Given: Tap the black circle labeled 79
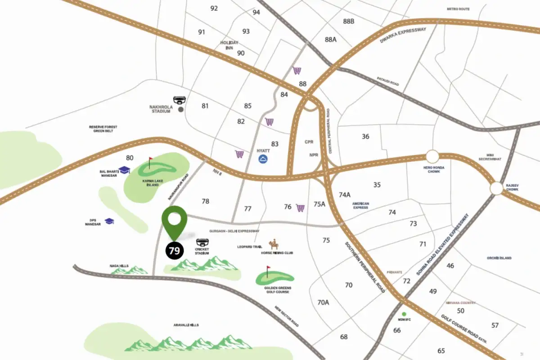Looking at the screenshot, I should point(174,251).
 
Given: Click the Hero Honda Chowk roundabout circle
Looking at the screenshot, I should point(432,157).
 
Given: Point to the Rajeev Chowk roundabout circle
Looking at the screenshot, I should point(496,188).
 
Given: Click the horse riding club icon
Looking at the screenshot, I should point(273,245).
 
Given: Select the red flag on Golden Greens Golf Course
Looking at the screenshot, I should point(269,270).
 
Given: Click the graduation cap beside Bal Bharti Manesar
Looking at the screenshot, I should point(124,170).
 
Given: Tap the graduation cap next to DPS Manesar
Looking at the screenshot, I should point(109,221).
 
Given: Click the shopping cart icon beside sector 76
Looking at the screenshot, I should point(300,207).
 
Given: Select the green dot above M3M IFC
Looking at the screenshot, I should point(404,314).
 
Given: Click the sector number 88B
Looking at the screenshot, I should point(348,21).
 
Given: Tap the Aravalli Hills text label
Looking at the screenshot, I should point(186,325).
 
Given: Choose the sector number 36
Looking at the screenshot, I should point(365,136).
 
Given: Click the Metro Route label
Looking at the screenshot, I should point(458,9).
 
